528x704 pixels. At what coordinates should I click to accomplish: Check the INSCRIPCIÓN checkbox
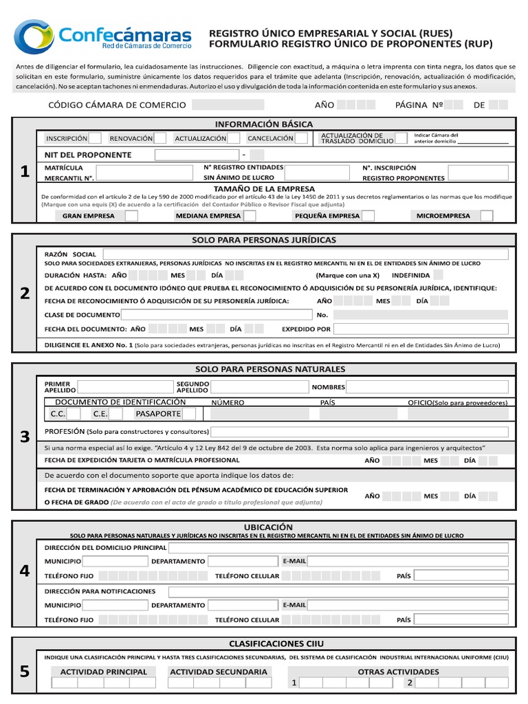pyautogui.click(x=96, y=138)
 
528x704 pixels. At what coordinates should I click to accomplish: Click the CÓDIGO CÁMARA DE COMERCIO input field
pyautogui.click(x=228, y=105)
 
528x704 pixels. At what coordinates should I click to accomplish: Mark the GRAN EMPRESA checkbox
pyautogui.click(x=131, y=216)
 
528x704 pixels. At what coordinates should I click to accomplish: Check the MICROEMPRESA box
pyautogui.click(x=486, y=216)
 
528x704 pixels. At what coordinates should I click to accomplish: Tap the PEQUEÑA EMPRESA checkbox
pyautogui.click(x=368, y=216)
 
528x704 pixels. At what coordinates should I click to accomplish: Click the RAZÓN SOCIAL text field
pyautogui.click(x=305, y=254)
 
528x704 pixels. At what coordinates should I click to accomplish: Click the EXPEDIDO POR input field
pyautogui.click(x=421, y=329)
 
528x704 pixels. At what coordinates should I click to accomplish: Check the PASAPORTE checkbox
pyautogui.click(x=189, y=414)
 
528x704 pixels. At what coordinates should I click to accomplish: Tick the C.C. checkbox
pyautogui.click(x=74, y=414)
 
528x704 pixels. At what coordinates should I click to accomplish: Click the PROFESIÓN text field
pyautogui.click(x=360, y=432)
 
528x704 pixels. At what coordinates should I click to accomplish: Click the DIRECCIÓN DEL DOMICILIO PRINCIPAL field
pyautogui.click(x=338, y=548)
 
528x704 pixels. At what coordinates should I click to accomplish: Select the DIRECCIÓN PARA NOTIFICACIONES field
pyautogui.click(x=338, y=592)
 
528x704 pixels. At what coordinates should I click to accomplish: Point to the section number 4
pyautogui.click(x=25, y=571)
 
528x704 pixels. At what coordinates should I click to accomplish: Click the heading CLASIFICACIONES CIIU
pyautogui.click(x=276, y=643)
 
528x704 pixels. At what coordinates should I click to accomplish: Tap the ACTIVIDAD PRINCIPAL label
pyautogui.click(x=104, y=672)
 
